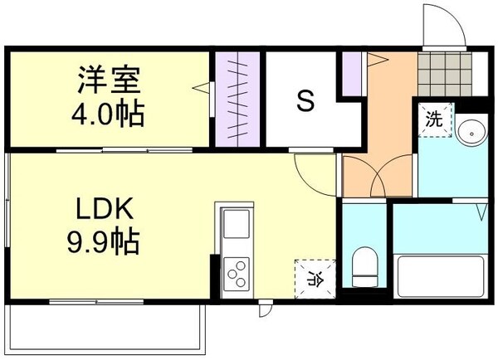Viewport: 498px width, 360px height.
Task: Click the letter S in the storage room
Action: point(305,102)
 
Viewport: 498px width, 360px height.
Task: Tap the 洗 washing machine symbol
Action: point(434,118)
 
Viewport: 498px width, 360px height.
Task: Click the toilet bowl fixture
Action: point(364,263)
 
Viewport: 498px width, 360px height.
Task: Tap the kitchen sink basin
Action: point(235,225)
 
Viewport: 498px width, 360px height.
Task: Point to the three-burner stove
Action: point(236,272)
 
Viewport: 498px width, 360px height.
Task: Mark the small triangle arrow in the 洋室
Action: point(199,85)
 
